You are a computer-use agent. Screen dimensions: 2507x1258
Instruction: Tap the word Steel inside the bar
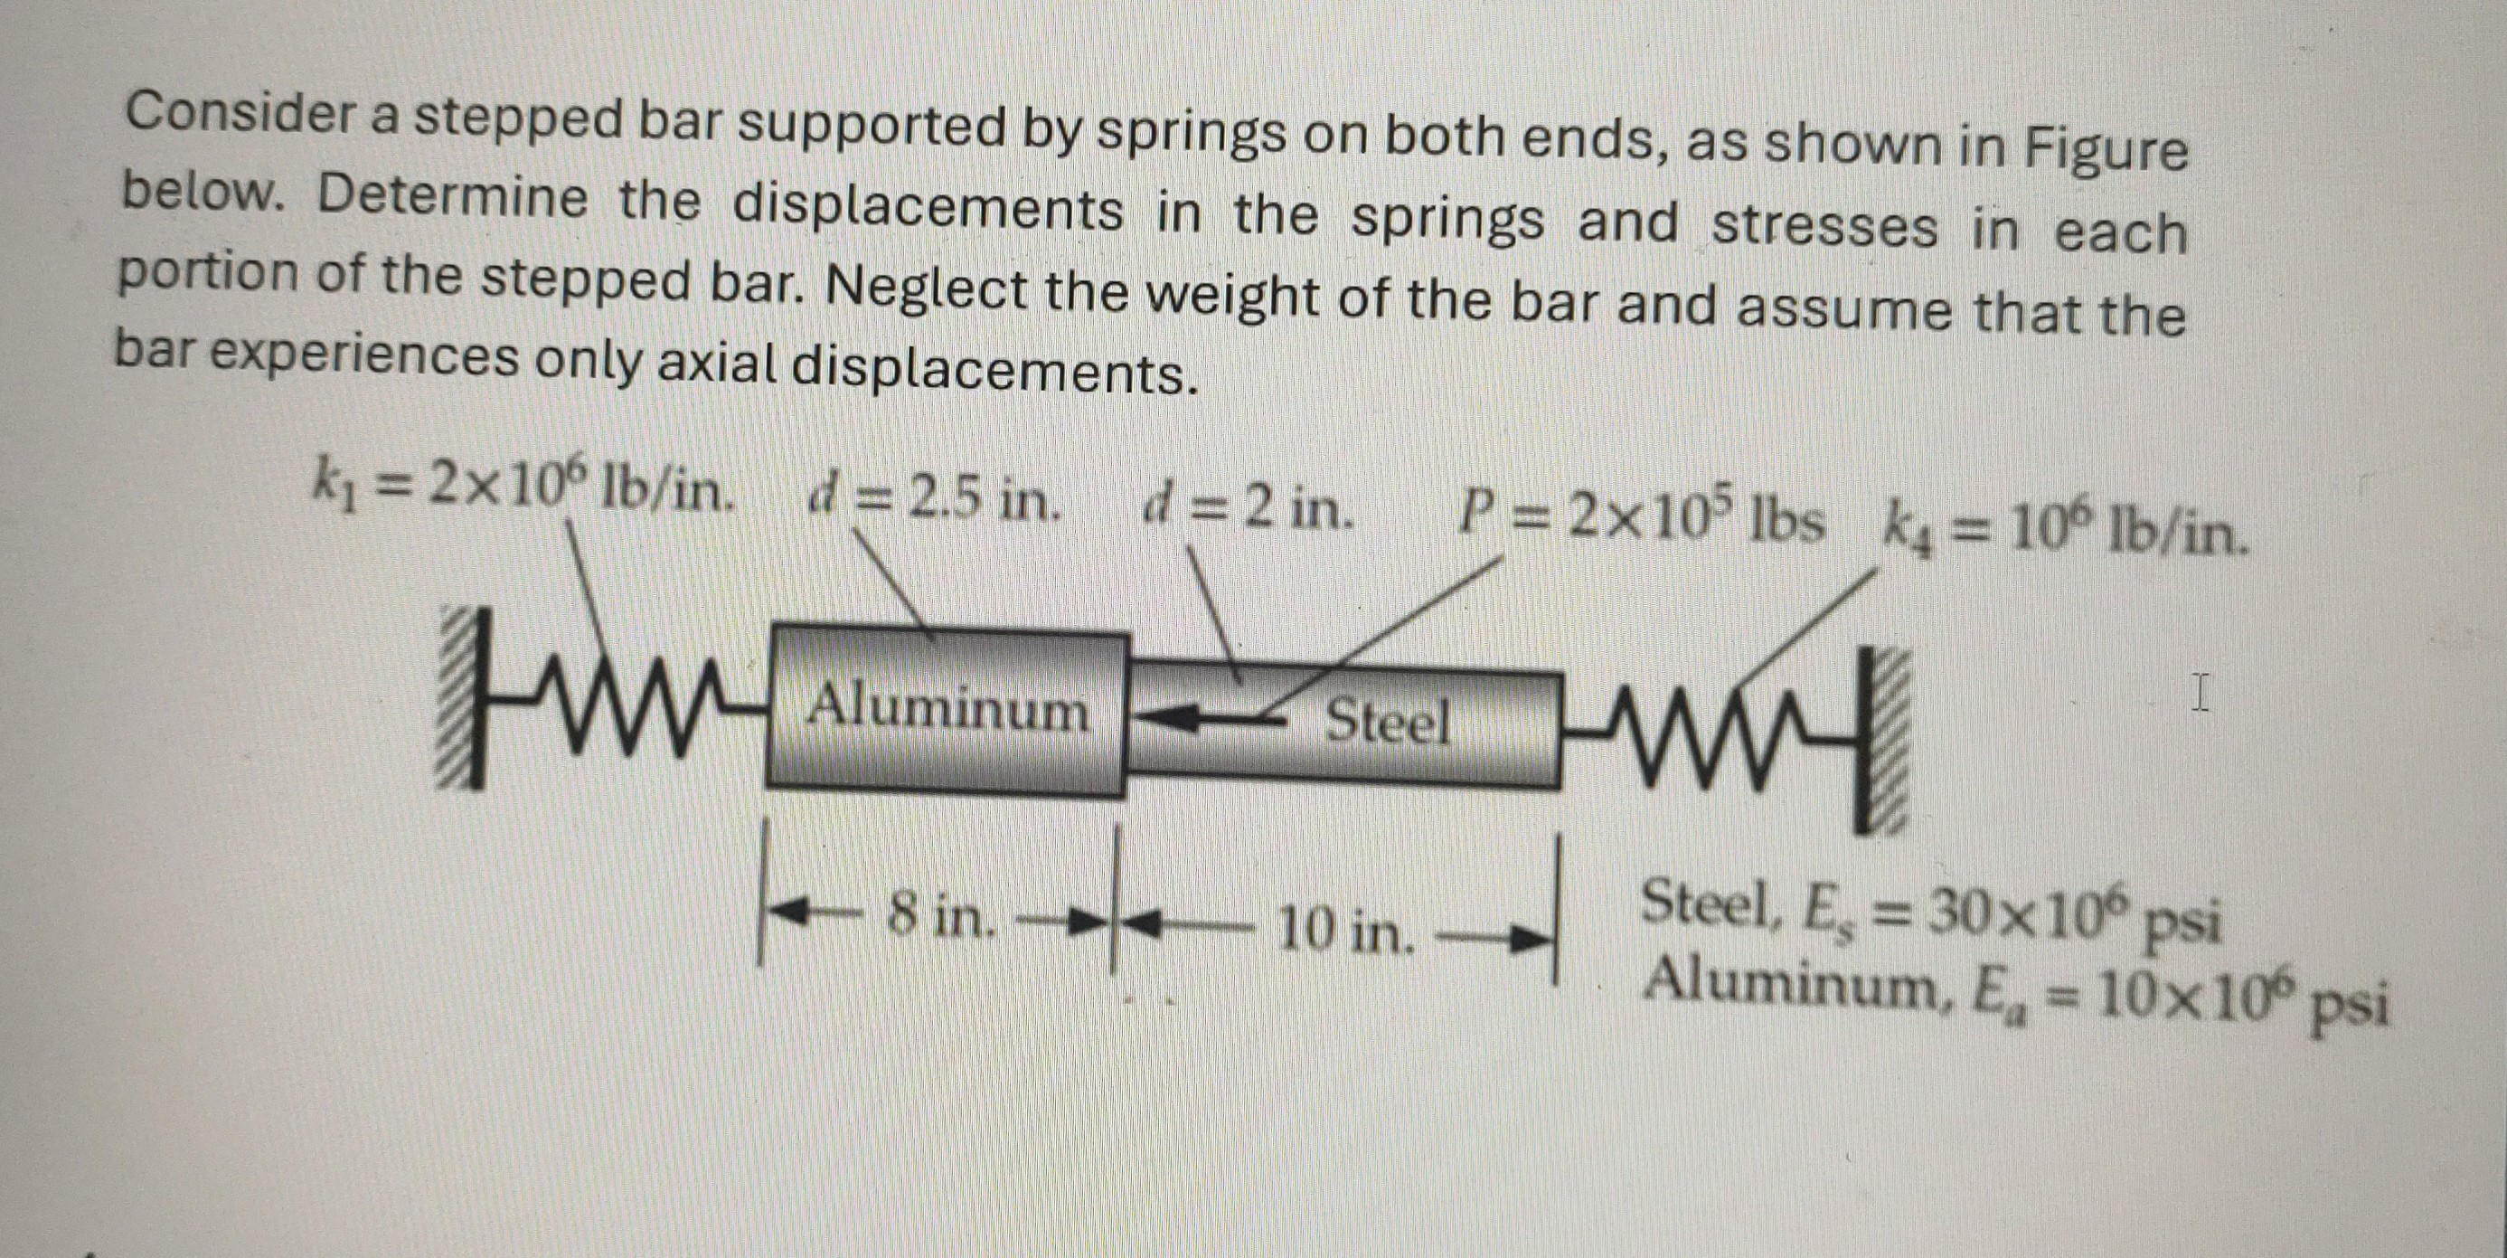click(1388, 722)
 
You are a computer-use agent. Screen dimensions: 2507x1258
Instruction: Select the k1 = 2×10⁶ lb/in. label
click(520, 487)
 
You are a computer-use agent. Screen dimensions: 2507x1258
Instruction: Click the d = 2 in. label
click(1249, 509)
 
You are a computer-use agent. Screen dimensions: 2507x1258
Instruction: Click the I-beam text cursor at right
click(2201, 695)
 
